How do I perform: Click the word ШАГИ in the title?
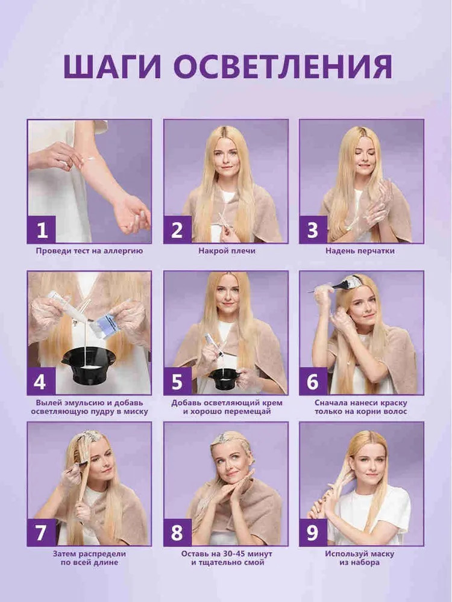(x=112, y=66)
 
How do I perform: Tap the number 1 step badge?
(x=42, y=229)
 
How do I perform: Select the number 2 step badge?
(x=177, y=229)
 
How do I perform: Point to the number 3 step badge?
(x=313, y=229)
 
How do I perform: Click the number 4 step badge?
(x=42, y=381)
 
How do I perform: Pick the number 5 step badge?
(x=177, y=381)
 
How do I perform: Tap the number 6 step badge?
(x=313, y=381)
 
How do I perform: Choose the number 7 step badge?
(x=42, y=532)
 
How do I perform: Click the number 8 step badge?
(x=177, y=532)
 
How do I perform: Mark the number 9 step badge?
(x=313, y=532)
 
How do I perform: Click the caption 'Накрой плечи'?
(x=227, y=251)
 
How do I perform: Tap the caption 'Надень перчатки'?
(x=360, y=251)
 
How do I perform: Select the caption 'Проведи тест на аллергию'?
(x=90, y=251)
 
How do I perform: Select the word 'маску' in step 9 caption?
(x=381, y=554)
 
